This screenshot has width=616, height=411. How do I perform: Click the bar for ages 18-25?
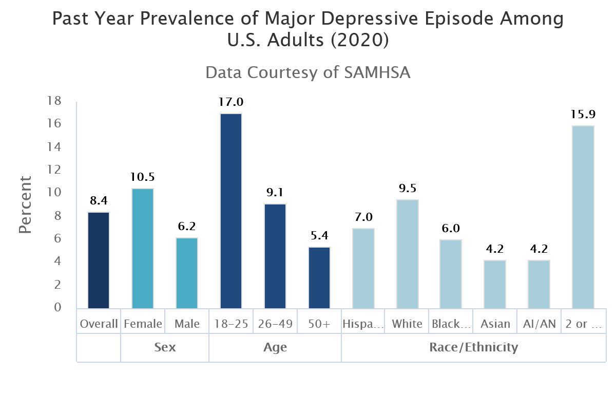tap(230, 211)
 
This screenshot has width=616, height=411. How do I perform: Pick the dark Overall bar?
tap(99, 260)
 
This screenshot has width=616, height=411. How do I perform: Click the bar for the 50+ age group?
tap(319, 277)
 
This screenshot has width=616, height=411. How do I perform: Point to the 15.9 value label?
tap(583, 114)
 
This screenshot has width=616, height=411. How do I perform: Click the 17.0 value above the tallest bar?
tap(230, 102)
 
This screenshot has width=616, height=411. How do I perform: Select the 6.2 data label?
tap(187, 226)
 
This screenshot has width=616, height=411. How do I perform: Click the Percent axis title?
tap(26, 204)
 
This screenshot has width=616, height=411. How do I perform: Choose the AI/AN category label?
tap(539, 324)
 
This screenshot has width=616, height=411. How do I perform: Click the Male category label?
tap(187, 324)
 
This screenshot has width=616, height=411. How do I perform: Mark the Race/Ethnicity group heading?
tap(473, 347)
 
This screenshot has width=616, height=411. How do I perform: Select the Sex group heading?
tap(165, 347)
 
